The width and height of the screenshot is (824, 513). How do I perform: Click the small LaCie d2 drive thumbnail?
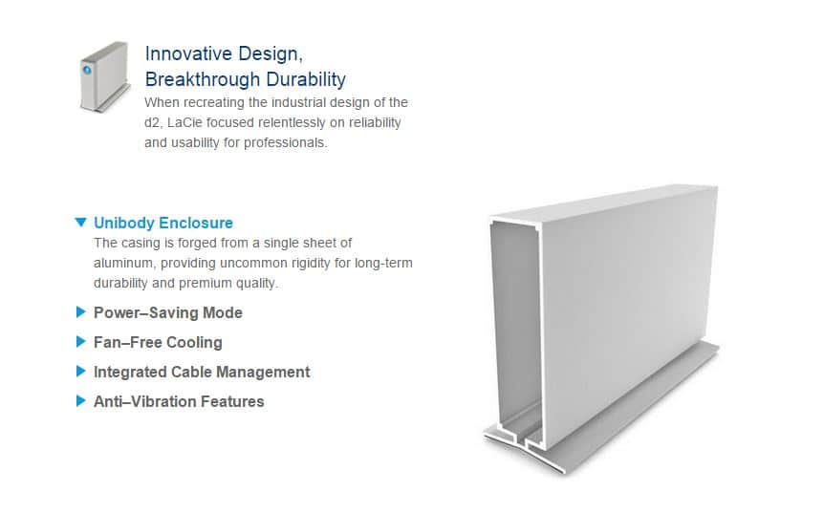[x=103, y=76]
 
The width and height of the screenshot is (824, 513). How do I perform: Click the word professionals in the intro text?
[x=284, y=143]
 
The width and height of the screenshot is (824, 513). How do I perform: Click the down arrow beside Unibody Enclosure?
[x=80, y=223]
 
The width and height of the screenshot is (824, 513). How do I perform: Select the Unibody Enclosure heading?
[x=163, y=223]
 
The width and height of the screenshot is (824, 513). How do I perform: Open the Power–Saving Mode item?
[x=167, y=312]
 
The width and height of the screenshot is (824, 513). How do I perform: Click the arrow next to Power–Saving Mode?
[x=80, y=312]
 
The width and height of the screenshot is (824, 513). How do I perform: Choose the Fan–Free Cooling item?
[x=158, y=342]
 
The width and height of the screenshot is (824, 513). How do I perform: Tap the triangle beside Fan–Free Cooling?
[x=80, y=342]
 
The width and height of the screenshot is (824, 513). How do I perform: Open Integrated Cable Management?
[x=202, y=372]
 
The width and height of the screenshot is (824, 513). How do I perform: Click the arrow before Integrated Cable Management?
[x=80, y=372]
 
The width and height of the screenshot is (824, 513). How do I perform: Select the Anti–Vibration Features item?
[x=179, y=401]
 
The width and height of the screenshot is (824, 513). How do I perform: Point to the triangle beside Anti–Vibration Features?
[x=80, y=401]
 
